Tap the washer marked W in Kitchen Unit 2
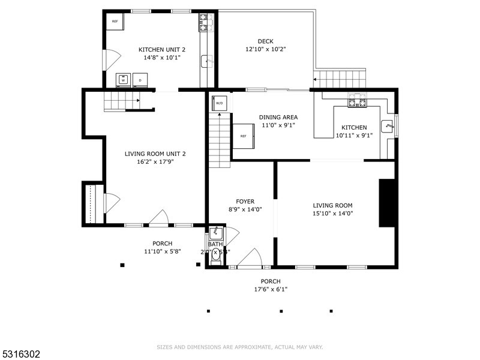coord(124,80)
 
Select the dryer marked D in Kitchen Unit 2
coord(140,80)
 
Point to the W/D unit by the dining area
coord(220,103)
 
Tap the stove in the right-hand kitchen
coord(358,101)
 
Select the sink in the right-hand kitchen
coord(388,127)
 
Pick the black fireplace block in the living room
coord(387,203)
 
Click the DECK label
coord(265,41)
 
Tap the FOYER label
coord(245,202)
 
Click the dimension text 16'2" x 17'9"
coord(155,161)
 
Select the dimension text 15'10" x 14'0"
coord(332,213)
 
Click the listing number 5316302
coord(20,355)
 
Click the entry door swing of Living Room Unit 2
coord(160,218)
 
